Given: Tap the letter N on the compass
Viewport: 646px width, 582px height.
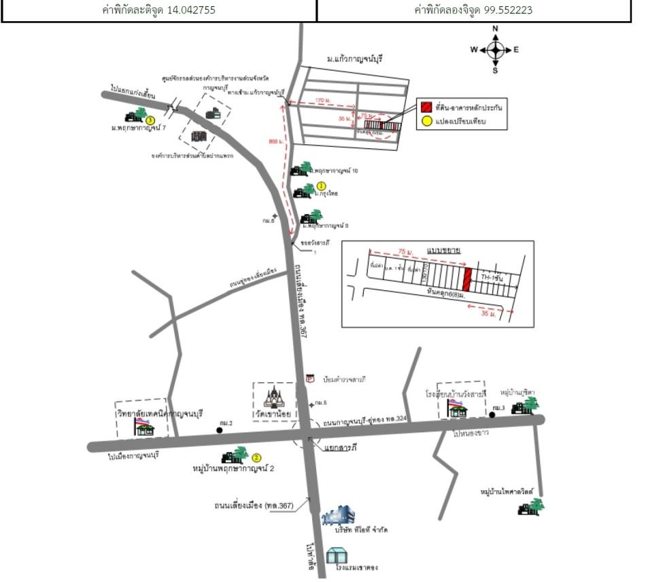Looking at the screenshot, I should pos(495,29).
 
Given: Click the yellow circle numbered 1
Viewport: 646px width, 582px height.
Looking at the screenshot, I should pos(322,185).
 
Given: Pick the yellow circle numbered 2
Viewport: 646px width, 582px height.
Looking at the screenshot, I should pos(258,458).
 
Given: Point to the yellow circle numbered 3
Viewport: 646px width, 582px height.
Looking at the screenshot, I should pos(150,120).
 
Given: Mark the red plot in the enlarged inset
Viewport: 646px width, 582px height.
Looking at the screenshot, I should pos(467,278).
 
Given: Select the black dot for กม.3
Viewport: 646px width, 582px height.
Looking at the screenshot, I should pos(491,414).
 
